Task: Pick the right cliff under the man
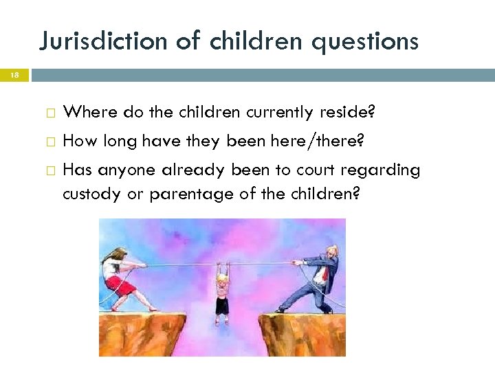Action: (x=302, y=333)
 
